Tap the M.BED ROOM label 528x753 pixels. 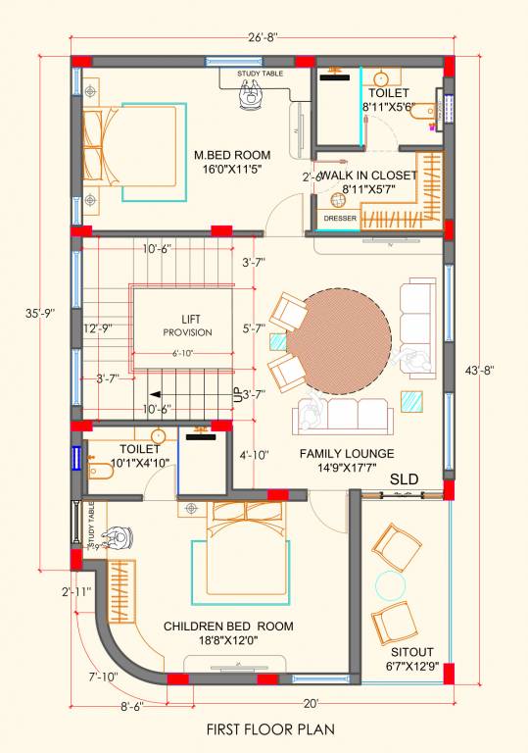231,155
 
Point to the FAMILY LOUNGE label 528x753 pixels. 347,453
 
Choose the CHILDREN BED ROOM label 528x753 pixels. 228,627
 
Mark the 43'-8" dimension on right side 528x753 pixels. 480,370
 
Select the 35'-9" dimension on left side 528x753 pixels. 41,314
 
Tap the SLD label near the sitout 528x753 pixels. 405,479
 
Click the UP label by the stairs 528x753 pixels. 237,395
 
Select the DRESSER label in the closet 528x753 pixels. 338,219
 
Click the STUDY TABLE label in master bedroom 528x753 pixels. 260,73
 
